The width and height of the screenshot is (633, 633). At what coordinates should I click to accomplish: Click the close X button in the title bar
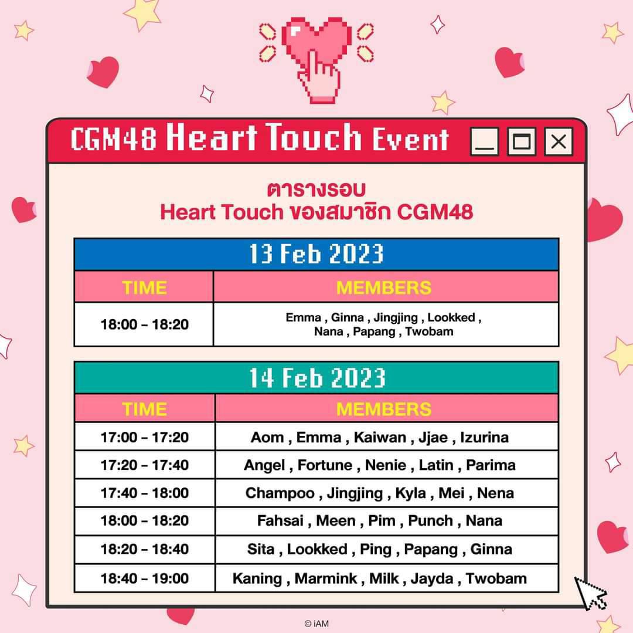pos(559,141)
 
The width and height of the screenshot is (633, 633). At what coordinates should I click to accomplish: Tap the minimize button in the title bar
pos(485,141)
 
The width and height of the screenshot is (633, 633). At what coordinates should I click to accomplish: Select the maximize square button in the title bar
pos(521,141)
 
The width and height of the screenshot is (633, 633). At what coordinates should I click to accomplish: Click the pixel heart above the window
pos(316,42)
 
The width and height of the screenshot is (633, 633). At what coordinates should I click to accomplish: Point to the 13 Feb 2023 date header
pos(316,254)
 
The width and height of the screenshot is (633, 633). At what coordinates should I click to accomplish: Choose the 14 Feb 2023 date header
pos(316,378)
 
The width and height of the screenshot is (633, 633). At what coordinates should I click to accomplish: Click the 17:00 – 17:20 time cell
pos(145,437)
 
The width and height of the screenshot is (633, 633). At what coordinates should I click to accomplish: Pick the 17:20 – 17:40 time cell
pos(145,465)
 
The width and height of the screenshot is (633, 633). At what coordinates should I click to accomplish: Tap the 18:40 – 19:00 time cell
pos(145,578)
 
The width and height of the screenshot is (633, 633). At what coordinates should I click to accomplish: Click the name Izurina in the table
pos(484,437)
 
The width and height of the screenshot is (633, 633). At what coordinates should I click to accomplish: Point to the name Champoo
pos(280,493)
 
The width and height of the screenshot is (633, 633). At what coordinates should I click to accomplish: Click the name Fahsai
pos(280,521)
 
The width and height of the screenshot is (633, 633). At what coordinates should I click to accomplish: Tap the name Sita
pos(261,549)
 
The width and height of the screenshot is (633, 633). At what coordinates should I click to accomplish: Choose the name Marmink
pos(326,578)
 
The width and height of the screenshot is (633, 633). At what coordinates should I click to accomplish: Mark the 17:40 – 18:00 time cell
pos(145,493)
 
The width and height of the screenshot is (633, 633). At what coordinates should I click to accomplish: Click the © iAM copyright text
pos(316,624)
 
